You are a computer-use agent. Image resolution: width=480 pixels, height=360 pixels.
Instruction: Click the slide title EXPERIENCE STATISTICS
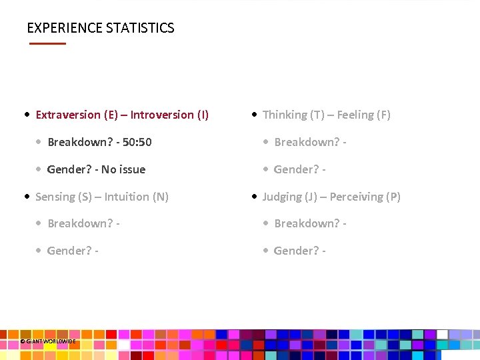[100, 28]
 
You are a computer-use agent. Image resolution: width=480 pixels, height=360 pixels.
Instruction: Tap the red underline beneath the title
[47, 43]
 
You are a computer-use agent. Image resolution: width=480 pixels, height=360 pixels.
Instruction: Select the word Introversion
[162, 115]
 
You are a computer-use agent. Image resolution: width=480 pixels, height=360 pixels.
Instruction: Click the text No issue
[123, 169]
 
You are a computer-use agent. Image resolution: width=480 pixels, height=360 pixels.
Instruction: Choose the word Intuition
[127, 197]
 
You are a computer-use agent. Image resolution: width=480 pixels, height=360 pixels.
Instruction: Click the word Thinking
[285, 115]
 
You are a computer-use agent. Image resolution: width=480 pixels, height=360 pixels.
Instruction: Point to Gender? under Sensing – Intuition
[69, 251]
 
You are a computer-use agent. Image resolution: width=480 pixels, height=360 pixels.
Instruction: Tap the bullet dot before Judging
[253, 197]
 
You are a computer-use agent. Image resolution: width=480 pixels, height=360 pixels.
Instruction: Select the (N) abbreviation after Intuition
[161, 197]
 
